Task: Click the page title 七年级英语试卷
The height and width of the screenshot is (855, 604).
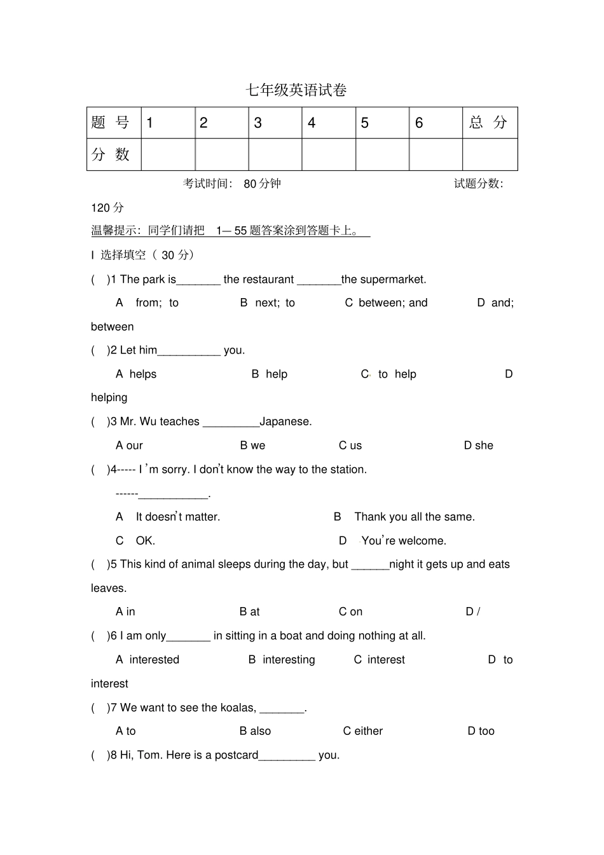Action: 296,90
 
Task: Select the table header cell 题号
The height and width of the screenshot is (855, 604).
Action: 111,123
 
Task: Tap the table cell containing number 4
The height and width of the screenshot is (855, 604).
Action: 328,123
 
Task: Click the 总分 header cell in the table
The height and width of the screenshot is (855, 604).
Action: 489,123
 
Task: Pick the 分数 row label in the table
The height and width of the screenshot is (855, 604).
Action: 111,154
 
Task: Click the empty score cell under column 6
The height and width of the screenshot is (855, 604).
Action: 436,154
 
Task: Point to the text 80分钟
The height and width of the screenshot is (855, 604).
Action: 262,184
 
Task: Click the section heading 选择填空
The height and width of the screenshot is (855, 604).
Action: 123,255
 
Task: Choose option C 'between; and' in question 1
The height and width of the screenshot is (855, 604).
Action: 387,303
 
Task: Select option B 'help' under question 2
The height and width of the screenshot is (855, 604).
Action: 270,374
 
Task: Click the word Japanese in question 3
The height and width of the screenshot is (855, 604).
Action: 285,421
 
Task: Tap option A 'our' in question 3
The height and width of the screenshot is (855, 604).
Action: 130,446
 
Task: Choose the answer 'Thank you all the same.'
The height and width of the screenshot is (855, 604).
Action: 414,517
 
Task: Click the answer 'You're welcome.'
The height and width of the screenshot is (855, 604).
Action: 403,541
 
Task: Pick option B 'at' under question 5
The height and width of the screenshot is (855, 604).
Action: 250,612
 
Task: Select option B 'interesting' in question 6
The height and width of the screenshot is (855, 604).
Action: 282,660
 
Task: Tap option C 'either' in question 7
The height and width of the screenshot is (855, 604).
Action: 363,731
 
